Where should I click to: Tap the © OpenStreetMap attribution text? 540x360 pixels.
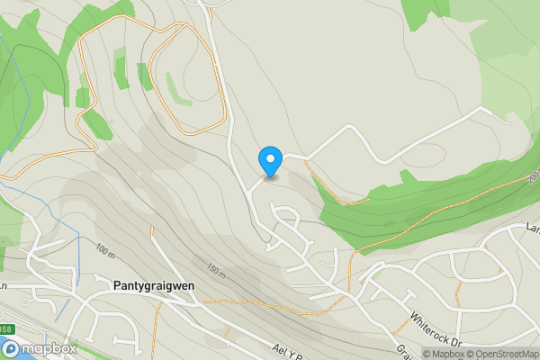pyautogui.click(x=501, y=353)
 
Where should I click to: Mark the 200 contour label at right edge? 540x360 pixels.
pyautogui.click(x=533, y=177)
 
